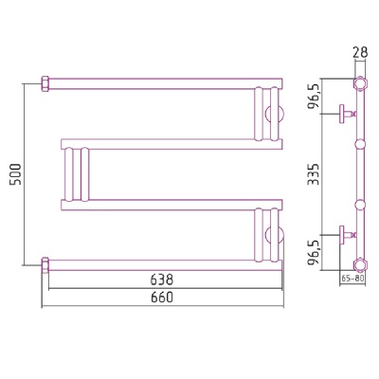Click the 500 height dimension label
(16, 174)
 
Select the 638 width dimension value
(162, 280)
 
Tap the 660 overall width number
(162, 298)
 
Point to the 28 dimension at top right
(360, 52)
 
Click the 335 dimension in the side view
(314, 174)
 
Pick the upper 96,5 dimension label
(315, 98)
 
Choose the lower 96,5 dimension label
(315, 252)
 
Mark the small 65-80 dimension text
(352, 279)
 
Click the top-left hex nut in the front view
(45, 83)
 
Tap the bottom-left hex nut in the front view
(45, 265)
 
